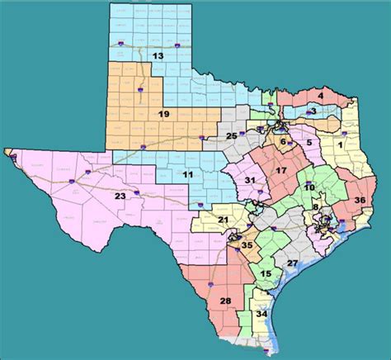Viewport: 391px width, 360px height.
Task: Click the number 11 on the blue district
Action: click(188, 175)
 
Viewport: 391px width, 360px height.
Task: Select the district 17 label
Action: click(280, 171)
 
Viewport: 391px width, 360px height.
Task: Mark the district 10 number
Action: click(309, 187)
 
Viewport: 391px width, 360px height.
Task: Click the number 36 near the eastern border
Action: click(360, 200)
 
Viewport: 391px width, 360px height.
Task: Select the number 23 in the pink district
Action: click(120, 197)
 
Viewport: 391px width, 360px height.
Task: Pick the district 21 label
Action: click(224, 219)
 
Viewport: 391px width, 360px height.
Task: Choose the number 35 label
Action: click(247, 245)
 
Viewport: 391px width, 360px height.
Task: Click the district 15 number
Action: click(266, 273)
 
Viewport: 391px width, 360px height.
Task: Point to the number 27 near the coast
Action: click(292, 263)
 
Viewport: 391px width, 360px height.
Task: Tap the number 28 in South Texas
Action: click(225, 300)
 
